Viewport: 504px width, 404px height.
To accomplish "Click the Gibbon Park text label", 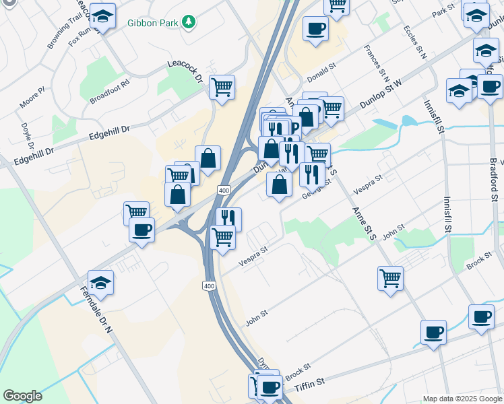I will coord(152,23).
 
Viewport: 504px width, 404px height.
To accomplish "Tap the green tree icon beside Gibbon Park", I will coord(190,23).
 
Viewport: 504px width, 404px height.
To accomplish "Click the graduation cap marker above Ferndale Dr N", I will coord(101,283).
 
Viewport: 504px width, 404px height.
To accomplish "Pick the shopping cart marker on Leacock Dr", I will coord(222,87).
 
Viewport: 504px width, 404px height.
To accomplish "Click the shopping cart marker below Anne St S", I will coord(391,277).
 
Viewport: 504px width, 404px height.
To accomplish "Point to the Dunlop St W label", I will coord(381,92).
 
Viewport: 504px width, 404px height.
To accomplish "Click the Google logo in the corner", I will coord(22,396).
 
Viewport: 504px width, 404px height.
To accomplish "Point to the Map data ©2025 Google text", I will coord(462,399).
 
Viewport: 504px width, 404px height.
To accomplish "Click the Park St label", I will coord(444,13).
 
